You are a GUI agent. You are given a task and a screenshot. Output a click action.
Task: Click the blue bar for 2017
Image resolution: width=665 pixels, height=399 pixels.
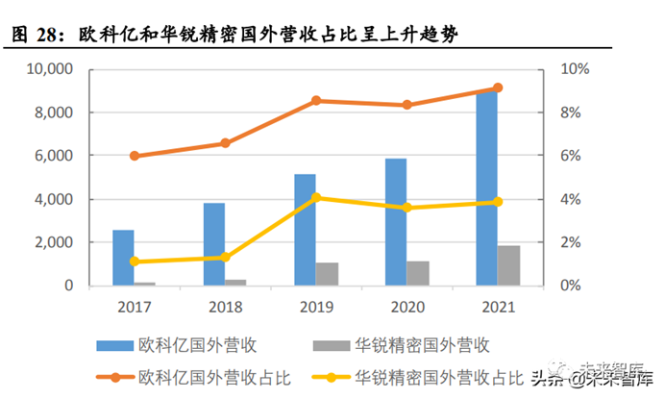click(x=123, y=258)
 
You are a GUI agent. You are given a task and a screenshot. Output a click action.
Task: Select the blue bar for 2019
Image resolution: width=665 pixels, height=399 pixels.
click(x=305, y=231)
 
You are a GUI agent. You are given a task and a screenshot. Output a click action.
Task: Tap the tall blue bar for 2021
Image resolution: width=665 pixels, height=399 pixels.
click(x=487, y=188)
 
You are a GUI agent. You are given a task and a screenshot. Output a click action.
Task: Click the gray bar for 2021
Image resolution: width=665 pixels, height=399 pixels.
click(x=509, y=265)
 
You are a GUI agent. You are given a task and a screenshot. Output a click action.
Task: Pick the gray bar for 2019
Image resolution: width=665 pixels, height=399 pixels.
click(x=328, y=274)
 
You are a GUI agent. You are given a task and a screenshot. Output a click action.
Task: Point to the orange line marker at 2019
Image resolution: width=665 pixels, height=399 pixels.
click(x=316, y=101)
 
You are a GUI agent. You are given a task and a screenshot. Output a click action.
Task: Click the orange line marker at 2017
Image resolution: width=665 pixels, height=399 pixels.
click(x=135, y=156)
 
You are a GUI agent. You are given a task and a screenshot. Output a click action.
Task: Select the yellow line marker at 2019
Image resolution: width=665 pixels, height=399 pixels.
click(x=316, y=198)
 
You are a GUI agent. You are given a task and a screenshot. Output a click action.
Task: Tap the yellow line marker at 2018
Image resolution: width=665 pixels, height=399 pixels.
click(x=225, y=257)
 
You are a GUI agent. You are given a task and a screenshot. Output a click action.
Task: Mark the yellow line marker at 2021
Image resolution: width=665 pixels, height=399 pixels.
click(x=498, y=202)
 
